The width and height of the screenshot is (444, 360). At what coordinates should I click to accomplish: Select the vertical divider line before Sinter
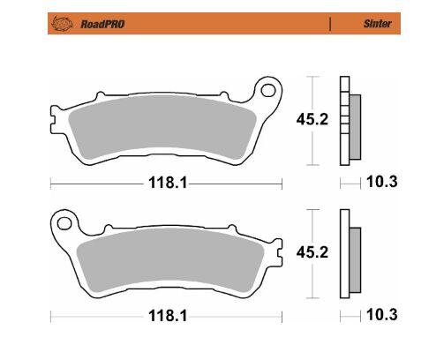pos(331,23)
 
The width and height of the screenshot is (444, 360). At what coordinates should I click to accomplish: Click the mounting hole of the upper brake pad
pos(266,87)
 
